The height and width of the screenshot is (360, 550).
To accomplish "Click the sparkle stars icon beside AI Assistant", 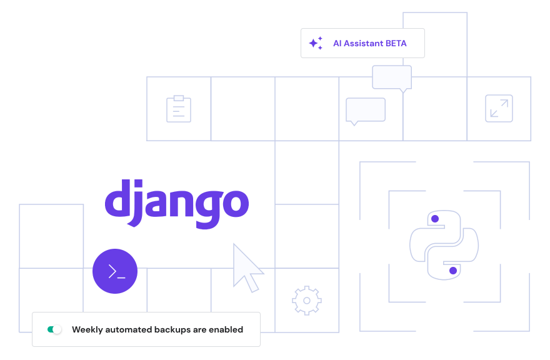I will (x=316, y=43).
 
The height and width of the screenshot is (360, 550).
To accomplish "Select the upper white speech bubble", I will (x=392, y=77).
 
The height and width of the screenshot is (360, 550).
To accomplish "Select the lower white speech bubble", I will (x=366, y=109).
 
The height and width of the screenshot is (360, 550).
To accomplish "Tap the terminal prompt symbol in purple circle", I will (x=116, y=272).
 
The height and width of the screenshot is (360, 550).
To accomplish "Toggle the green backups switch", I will (x=54, y=329).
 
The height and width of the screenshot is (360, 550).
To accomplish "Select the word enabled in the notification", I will (x=225, y=329).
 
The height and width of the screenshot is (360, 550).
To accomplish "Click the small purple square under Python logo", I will (x=454, y=271).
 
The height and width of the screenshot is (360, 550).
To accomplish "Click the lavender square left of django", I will (x=51, y=235).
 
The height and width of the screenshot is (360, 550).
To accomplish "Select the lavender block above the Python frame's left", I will (x=387, y=176).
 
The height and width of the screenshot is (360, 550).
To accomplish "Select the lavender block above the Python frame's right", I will (x=501, y=176).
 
